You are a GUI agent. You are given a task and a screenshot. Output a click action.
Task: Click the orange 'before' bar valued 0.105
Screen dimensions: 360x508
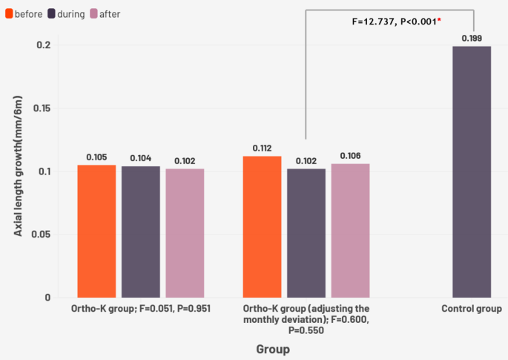[x=96, y=231]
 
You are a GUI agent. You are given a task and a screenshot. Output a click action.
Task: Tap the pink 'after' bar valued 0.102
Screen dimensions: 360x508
[x=185, y=232]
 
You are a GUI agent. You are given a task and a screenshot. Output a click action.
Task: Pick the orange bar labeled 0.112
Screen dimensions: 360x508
[x=263, y=226]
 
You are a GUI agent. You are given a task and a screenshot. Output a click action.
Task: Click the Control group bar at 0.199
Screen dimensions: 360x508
[x=472, y=171]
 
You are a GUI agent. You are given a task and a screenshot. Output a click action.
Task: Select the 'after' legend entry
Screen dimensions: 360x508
[x=105, y=14]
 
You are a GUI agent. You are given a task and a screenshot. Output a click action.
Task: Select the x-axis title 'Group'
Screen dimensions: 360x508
[x=272, y=348]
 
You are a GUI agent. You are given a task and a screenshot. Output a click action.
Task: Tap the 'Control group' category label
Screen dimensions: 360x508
[x=472, y=309]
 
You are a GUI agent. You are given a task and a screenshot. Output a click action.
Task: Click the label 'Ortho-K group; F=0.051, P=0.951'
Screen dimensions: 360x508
[x=141, y=309]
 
